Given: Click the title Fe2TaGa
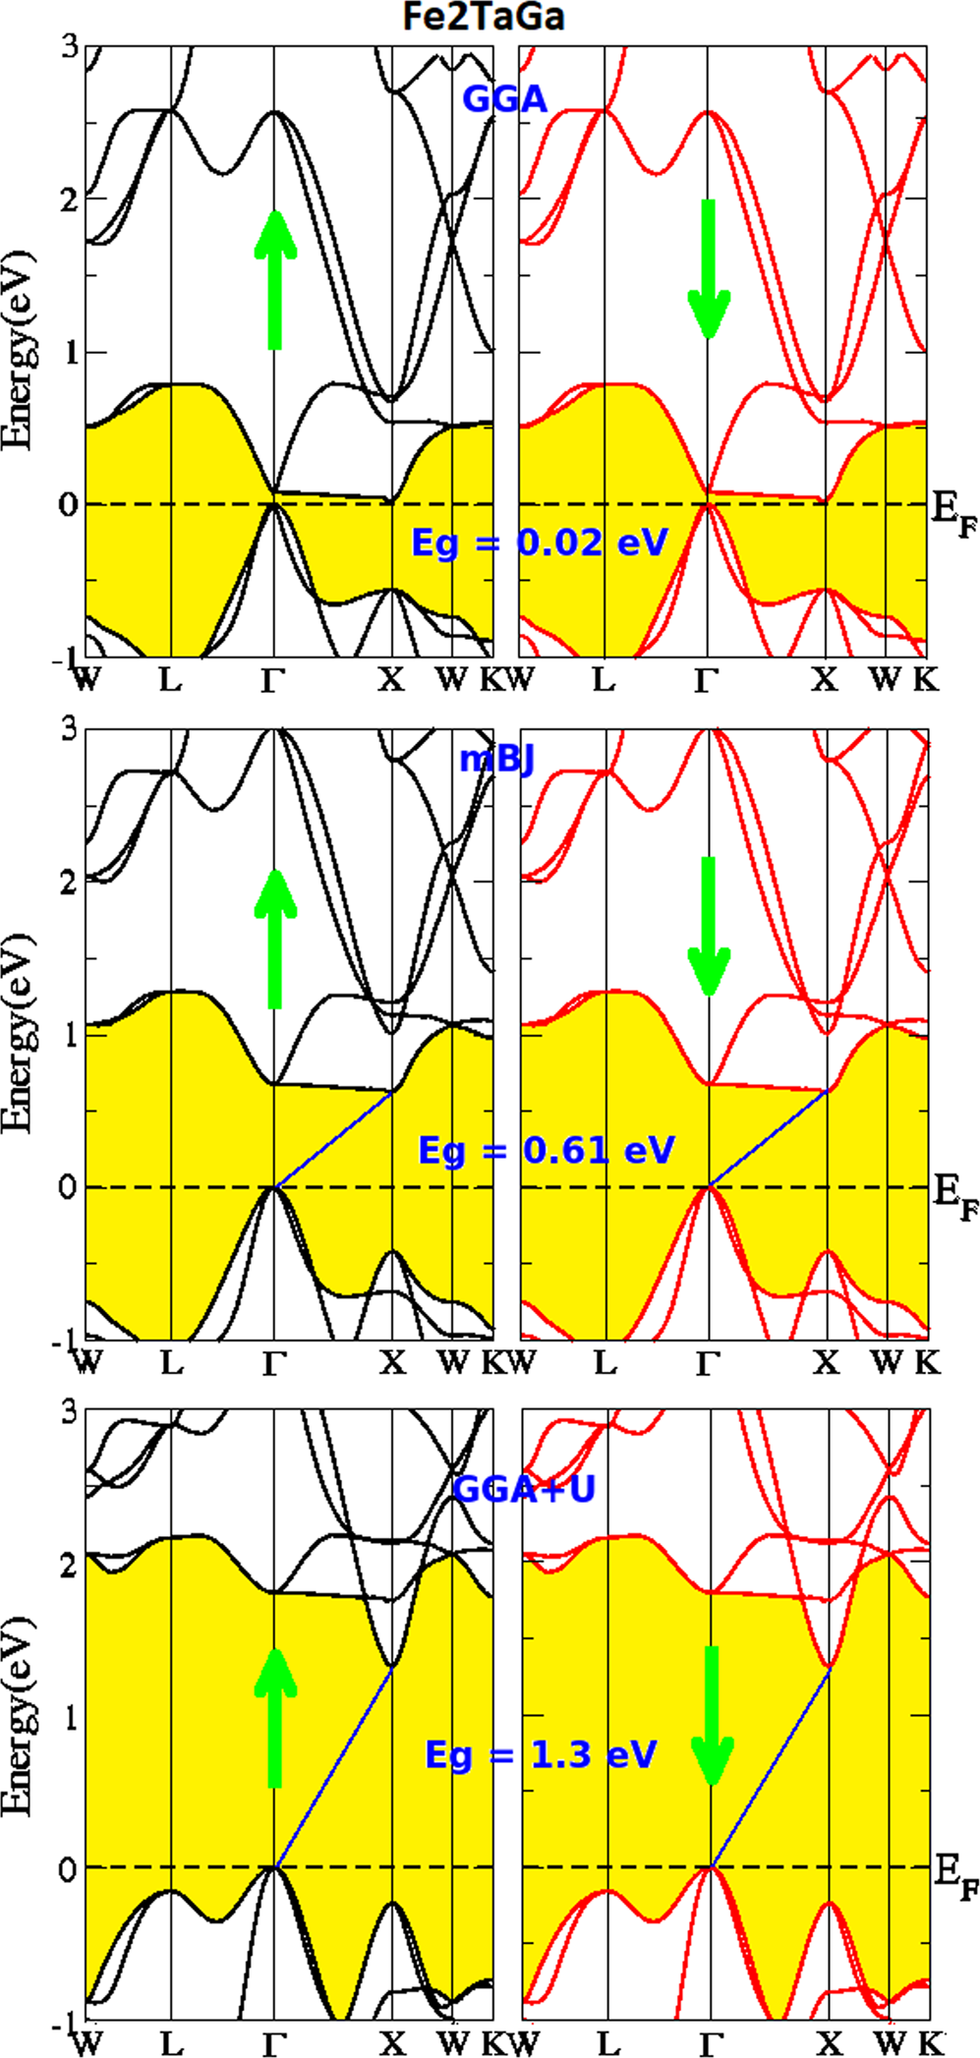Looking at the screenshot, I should tap(484, 17).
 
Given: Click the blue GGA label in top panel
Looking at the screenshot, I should tap(504, 99).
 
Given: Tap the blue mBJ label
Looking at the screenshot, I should tap(497, 760).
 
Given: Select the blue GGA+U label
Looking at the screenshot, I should tap(524, 1489).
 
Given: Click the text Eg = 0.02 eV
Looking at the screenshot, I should tap(539, 543).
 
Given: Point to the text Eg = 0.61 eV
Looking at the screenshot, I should tap(547, 1150).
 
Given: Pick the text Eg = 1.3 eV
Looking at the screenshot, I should tap(541, 1755).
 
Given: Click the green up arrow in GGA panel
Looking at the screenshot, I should tap(275, 280).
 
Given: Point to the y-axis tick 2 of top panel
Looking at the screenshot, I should tap(68, 200).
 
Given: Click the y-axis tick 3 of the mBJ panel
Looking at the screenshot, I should tap(68, 730).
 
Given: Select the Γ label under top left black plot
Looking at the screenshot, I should tap(273, 680).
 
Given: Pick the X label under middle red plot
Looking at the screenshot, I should tap(827, 1362).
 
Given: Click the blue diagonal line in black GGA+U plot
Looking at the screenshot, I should tap(334, 1767).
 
